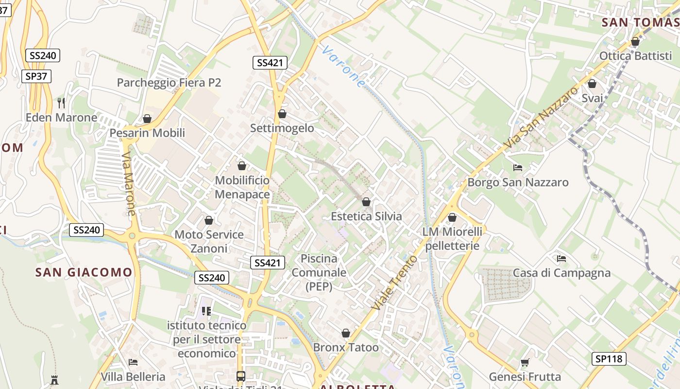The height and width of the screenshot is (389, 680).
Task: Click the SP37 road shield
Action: click(36, 76)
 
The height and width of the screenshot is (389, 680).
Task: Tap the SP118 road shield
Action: click(609, 359)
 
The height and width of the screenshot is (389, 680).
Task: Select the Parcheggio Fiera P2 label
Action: click(169, 83)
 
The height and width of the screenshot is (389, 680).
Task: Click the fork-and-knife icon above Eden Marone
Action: click(61, 103)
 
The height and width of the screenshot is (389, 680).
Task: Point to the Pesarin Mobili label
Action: click(147, 133)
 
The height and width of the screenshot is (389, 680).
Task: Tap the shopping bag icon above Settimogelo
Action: click(282, 114)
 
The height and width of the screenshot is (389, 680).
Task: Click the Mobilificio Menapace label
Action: click(242, 187)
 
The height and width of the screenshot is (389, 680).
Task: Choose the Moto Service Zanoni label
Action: click(209, 241)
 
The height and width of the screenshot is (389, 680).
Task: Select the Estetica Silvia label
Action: click(366, 216)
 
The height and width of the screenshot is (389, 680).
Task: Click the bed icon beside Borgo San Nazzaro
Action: click(518, 168)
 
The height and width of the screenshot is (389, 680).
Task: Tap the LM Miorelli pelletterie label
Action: click(452, 238)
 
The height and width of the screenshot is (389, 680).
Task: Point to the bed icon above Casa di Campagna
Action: click(561, 258)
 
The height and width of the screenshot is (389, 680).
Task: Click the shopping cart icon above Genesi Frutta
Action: click(525, 362)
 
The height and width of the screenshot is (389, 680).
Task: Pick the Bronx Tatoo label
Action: click(345, 347)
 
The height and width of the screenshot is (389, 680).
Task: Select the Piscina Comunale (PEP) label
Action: click(319, 272)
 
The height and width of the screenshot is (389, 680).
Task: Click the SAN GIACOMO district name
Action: click(84, 272)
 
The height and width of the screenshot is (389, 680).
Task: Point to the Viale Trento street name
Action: click(394, 283)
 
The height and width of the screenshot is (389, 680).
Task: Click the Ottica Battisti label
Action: click(635, 56)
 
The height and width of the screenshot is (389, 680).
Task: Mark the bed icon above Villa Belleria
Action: click(133, 362)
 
